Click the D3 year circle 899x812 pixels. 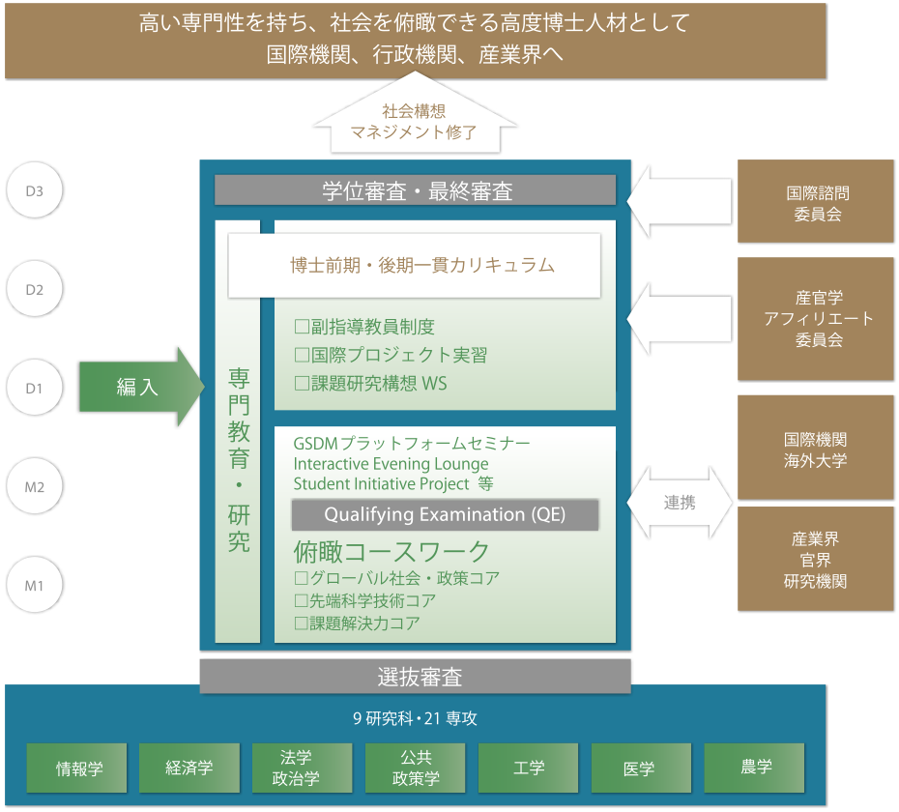pyautogui.click(x=35, y=190)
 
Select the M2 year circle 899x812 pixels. pyautogui.click(x=35, y=486)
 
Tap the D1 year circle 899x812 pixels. pyautogui.click(x=35, y=388)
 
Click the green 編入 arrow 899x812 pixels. pyautogui.click(x=141, y=387)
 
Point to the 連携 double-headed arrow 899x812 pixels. pyautogui.click(x=680, y=503)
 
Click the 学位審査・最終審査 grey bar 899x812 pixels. pyautogui.click(x=415, y=190)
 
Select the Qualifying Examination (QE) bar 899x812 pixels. pyautogui.click(x=445, y=514)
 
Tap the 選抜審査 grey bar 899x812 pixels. pyautogui.click(x=415, y=677)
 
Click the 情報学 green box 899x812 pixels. pyautogui.click(x=76, y=768)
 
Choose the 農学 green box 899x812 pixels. pyautogui.click(x=755, y=768)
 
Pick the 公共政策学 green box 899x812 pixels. pyautogui.click(x=415, y=768)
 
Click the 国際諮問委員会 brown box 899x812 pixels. pyautogui.click(x=815, y=202)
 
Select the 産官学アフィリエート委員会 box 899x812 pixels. pyautogui.click(x=815, y=319)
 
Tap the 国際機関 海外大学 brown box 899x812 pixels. pyautogui.click(x=815, y=448)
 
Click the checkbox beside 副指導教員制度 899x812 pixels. pyautogui.click(x=302, y=327)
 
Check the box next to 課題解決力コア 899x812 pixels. pyautogui.click(x=302, y=623)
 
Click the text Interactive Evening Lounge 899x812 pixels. pyautogui.click(x=391, y=464)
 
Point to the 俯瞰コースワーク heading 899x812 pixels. pyautogui.click(x=391, y=552)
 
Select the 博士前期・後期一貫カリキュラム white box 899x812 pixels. pyautogui.click(x=414, y=265)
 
